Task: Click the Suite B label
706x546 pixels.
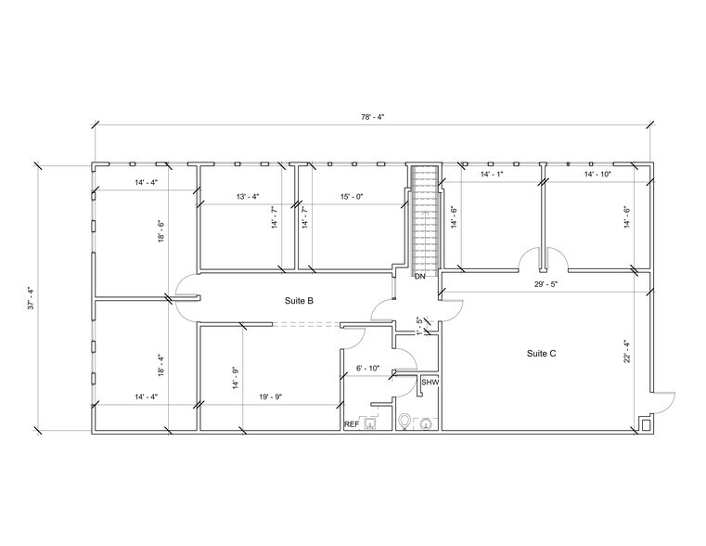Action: [x=299, y=301]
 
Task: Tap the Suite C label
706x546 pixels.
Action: [x=542, y=353]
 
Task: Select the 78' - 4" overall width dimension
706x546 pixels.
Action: [x=371, y=118]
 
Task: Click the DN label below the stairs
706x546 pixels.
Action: [x=419, y=277]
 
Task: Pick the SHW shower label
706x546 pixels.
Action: [x=430, y=382]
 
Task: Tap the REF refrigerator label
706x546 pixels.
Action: [x=352, y=423]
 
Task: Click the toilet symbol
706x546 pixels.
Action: [x=404, y=422]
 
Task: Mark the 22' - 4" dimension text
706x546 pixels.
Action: [x=627, y=352]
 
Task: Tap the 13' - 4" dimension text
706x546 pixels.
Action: [x=248, y=196]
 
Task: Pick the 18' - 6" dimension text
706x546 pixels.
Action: [x=160, y=230]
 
